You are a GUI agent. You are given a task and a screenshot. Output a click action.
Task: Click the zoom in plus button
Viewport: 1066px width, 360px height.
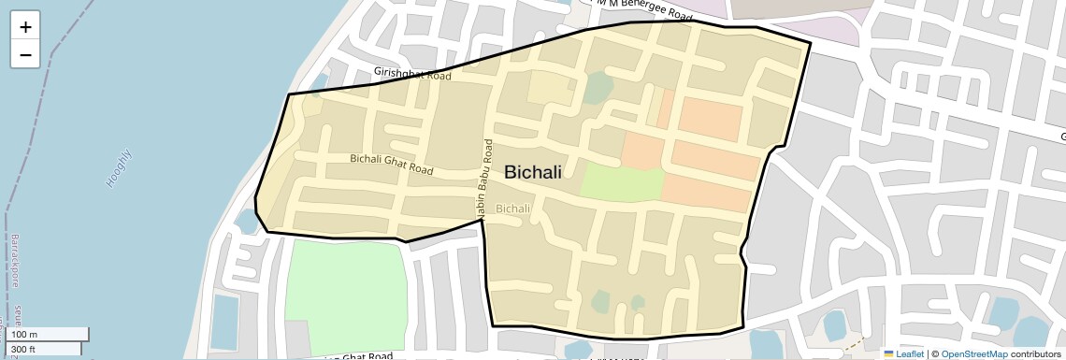click(25, 26)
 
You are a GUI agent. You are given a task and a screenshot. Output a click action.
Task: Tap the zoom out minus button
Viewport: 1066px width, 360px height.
click(25, 54)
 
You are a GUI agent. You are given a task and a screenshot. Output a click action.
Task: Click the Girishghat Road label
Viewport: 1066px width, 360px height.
click(412, 72)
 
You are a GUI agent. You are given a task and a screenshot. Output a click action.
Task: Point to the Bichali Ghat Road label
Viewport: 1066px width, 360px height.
click(392, 165)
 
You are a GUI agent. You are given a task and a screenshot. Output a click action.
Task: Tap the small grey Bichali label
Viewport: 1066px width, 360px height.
click(513, 209)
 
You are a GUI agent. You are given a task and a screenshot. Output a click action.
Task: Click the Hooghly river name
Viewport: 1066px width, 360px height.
click(120, 169)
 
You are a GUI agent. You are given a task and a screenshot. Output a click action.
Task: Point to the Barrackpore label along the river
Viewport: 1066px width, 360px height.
click(14, 262)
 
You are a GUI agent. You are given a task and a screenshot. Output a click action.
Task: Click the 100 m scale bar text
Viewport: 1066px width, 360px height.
click(24, 335)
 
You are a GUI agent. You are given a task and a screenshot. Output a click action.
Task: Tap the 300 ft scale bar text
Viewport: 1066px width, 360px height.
click(23, 350)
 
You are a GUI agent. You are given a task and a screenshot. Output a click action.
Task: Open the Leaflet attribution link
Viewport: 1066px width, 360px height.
click(910, 354)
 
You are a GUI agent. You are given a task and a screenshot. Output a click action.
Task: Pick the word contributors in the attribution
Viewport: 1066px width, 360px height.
click(1035, 354)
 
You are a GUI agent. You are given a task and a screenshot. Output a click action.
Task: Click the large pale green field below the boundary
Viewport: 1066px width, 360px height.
click(346, 295)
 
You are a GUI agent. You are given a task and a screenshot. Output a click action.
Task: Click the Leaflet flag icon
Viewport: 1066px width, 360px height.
click(889, 354)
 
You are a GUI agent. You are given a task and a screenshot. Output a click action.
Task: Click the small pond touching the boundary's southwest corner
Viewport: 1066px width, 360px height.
click(247, 221)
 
